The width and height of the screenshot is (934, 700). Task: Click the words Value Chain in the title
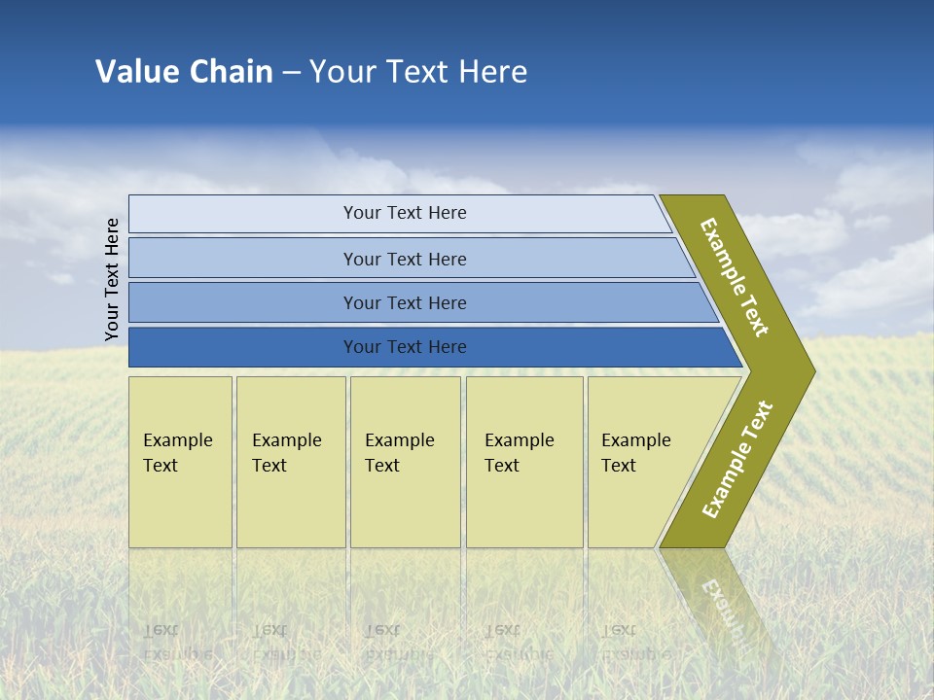click(184, 71)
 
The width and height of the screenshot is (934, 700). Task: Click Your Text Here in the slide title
click(418, 71)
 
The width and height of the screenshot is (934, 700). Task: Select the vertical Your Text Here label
click(112, 280)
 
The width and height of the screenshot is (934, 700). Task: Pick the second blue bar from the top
click(404, 259)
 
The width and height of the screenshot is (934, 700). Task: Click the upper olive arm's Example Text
click(735, 276)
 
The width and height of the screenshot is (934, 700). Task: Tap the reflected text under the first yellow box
click(177, 642)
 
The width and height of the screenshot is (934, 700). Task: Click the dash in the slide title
click(291, 73)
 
